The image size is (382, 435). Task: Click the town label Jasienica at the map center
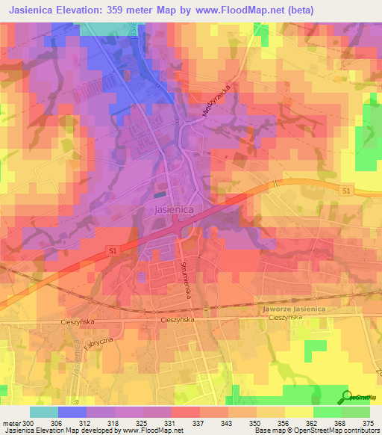[x=174, y=211]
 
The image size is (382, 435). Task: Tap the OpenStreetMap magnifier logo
[x=346, y=397]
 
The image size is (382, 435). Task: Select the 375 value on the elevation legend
[x=369, y=422]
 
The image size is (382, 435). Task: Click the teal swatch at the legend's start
[x=44, y=412]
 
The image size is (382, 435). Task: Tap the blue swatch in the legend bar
[x=72, y=412]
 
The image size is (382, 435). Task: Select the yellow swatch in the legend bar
[x=298, y=412]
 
